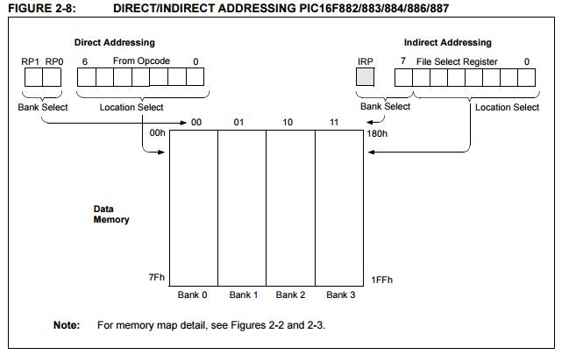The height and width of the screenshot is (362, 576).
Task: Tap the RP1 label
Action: tap(30, 60)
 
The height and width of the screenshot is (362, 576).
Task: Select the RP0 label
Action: tap(53, 60)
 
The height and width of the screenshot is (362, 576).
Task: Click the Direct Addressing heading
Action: tap(115, 42)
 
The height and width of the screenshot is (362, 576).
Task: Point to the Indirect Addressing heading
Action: tap(447, 42)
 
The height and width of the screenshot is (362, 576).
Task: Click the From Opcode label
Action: tap(141, 60)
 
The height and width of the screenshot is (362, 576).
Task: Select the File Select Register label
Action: tap(457, 60)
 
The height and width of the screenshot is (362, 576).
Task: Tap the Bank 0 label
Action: tap(192, 295)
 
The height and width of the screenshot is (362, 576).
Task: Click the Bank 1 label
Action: tap(243, 295)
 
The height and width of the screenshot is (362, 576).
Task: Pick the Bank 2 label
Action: tap(290, 295)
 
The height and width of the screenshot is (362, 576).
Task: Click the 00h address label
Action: tap(157, 134)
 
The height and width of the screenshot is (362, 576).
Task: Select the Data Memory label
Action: tap(111, 214)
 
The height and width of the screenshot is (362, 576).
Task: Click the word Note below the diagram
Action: tap(66, 325)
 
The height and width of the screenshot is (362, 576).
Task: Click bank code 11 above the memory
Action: tap(333, 122)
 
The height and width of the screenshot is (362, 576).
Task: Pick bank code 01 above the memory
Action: tap(238, 122)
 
